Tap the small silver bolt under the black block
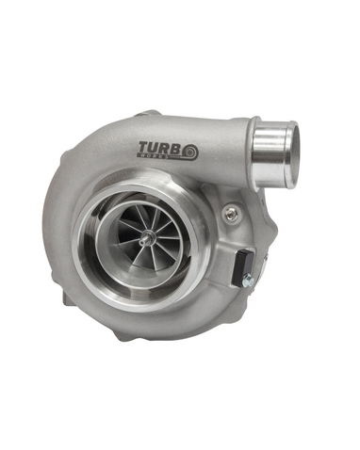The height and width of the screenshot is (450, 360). point(247,280)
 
